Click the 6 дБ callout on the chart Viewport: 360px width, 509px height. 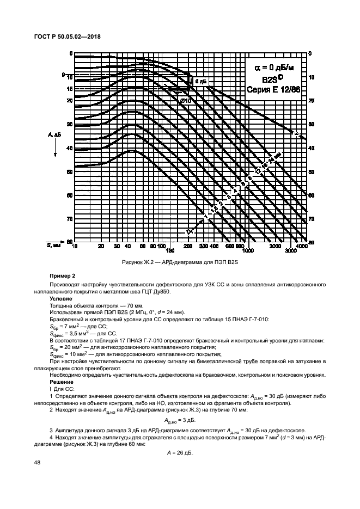[x=200, y=81]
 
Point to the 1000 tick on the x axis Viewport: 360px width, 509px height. [x=248, y=252]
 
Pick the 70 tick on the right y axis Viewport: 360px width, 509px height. [x=312, y=219]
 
